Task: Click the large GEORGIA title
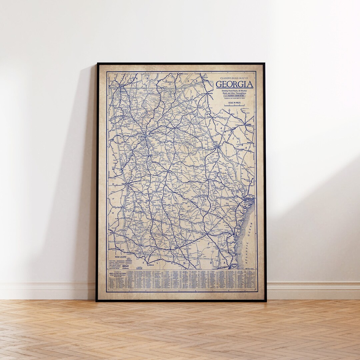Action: [234, 84]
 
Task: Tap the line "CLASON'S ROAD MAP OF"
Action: [234, 78]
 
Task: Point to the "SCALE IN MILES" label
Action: [235, 103]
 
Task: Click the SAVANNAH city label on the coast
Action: [248, 198]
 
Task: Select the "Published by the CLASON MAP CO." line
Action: [234, 99]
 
